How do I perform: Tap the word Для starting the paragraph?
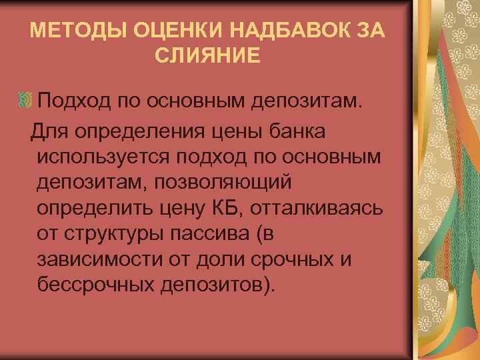pos(48,131)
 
